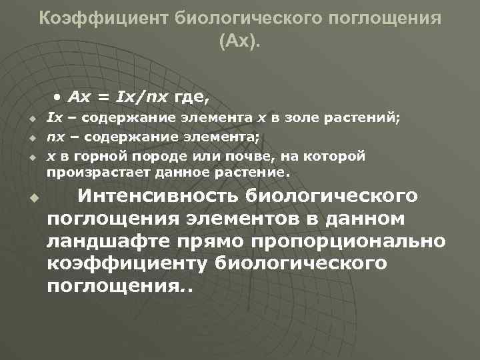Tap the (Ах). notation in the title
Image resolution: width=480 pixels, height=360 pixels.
(240, 43)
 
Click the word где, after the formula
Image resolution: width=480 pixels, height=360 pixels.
(191, 98)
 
